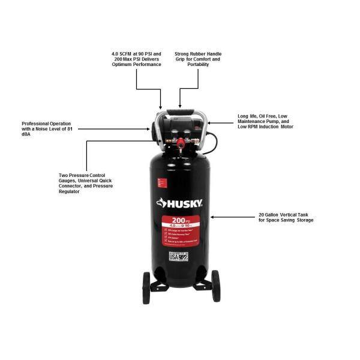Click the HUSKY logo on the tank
click(x=181, y=203)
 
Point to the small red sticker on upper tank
click(x=160, y=181)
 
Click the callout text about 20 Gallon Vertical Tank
click(x=286, y=217)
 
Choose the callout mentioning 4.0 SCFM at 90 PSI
click(x=136, y=59)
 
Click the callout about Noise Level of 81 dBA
click(x=46, y=129)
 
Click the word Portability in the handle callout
click(x=197, y=65)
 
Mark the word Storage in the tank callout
click(x=303, y=220)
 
